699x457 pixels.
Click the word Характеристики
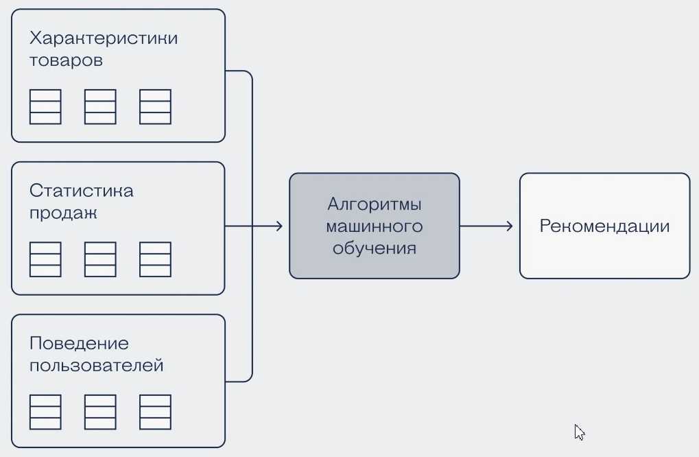click(x=104, y=38)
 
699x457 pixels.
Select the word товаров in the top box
click(x=67, y=60)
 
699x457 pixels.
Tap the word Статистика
click(x=82, y=191)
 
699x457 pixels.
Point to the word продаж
click(x=64, y=213)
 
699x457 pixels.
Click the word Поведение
click(x=79, y=343)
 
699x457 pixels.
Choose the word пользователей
click(x=97, y=365)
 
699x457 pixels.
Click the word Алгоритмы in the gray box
click(x=374, y=204)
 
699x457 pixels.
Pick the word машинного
click(x=374, y=226)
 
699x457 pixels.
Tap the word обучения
click(x=374, y=248)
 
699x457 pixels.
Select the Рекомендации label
click(x=604, y=226)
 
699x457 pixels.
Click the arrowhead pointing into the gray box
click(x=279, y=226)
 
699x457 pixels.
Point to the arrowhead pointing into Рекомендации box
click(x=509, y=226)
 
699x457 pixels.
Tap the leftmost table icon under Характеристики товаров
click(x=45, y=107)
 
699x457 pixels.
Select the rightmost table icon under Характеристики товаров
click(x=155, y=107)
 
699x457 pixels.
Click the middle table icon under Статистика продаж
click(x=100, y=259)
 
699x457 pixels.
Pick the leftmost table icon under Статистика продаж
click(x=45, y=259)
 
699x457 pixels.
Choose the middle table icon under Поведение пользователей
click(x=100, y=412)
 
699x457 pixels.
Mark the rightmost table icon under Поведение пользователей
click(x=155, y=412)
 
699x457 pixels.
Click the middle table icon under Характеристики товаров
click(x=100, y=107)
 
